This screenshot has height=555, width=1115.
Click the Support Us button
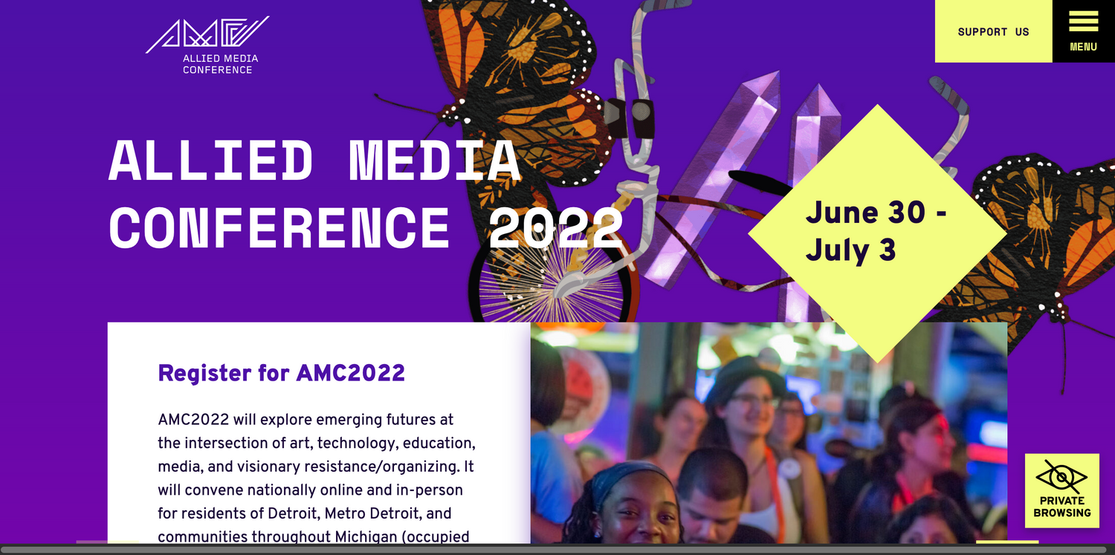[994, 31]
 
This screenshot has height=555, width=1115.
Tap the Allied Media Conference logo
[208, 45]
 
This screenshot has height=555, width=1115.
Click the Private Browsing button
[1061, 490]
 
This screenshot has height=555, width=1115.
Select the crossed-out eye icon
[1061, 477]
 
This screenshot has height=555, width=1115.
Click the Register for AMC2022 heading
[281, 373]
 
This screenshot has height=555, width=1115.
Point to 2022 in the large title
[555, 228]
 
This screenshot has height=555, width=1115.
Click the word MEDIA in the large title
[435, 160]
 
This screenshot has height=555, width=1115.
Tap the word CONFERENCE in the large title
[279, 228]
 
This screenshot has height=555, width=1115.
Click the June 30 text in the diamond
[866, 212]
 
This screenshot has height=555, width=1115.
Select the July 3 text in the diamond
[850, 250]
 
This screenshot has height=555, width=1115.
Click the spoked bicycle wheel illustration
[552, 279]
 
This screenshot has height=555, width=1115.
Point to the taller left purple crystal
[712, 179]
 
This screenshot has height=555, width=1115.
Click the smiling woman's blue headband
[630, 480]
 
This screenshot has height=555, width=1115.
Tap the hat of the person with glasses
[745, 379]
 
